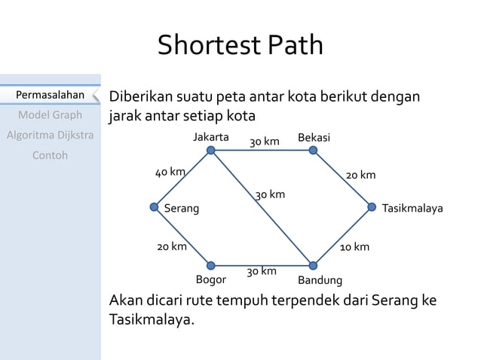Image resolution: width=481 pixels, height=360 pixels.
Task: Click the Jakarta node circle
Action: click(211, 151)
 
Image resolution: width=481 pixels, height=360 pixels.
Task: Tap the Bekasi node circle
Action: click(313, 151)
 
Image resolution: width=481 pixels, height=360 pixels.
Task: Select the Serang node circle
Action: click(155, 207)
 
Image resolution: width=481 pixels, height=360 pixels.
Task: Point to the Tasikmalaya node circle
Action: click(372, 207)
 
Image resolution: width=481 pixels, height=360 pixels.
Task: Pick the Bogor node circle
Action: click(211, 265)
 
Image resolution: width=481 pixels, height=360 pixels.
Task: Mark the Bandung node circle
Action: click(313, 265)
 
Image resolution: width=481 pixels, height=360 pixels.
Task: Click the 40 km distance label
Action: click(170, 172)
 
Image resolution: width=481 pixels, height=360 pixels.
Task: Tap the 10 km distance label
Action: click(354, 247)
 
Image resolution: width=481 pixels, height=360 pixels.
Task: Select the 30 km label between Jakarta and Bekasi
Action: click(265, 142)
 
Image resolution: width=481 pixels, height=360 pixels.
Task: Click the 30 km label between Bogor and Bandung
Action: click(262, 271)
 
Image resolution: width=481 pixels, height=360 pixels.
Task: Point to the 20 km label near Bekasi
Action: click(360, 175)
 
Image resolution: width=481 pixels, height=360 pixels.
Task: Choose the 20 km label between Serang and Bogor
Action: click(172, 247)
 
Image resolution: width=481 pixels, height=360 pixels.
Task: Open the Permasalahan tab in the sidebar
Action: click(50, 96)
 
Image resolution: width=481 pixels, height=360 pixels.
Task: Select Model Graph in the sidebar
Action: click(50, 115)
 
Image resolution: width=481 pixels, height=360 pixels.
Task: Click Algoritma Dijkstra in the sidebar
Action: click(50, 136)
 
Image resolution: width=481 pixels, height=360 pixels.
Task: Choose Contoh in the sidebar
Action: click(50, 155)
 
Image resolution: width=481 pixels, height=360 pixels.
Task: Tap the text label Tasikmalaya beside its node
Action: click(413, 208)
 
